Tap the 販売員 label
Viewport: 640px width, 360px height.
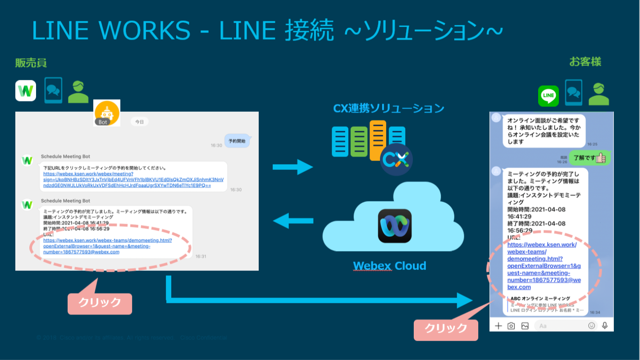coord(31,63)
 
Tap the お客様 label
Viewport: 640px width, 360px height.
coord(585,62)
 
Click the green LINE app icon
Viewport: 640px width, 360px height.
coord(549,96)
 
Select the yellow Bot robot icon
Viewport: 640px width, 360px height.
coord(107,113)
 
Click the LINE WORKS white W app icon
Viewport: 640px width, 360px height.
coord(26,91)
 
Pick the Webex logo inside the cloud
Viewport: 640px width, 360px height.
coord(394,226)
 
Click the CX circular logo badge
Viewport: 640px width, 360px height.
coord(396,159)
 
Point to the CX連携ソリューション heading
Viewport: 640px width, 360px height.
coord(389,109)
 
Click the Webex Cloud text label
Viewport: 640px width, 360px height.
coord(389,266)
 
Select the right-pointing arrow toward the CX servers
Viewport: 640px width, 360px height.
coord(293,167)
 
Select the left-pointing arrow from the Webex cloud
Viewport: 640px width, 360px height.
coord(293,221)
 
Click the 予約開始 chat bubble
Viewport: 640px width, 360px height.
coord(237,141)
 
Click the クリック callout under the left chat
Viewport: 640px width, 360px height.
coord(100,303)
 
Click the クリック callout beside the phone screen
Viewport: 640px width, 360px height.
coord(446,328)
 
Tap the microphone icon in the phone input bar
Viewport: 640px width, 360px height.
coord(605,325)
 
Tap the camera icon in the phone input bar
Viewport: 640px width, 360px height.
coord(511,326)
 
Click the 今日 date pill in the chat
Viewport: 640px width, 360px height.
coord(140,122)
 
